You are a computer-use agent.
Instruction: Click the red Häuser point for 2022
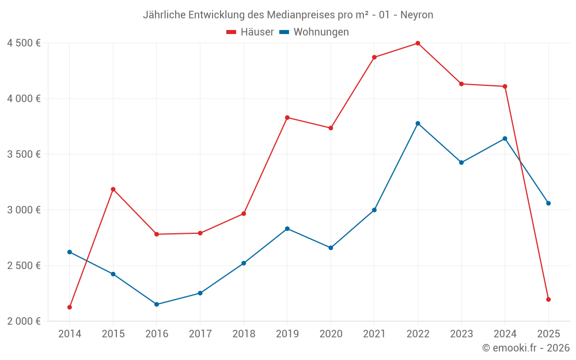point(418,43)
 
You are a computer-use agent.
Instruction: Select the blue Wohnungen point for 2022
point(418,123)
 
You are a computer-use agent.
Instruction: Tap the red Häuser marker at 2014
point(70,307)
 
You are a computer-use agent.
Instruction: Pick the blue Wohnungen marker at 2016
point(157,304)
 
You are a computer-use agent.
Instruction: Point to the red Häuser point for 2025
point(548,300)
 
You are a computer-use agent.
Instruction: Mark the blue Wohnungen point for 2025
point(548,203)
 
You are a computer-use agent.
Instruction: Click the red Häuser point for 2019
point(287,118)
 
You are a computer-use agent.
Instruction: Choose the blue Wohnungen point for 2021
point(374,210)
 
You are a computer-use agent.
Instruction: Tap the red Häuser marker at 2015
point(113,189)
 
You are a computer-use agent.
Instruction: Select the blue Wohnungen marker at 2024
point(505,138)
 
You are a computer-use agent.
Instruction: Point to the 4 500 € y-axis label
point(24,43)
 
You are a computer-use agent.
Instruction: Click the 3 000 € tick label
point(24,210)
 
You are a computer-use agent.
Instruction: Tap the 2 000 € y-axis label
point(24,321)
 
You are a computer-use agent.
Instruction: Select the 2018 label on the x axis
point(244,334)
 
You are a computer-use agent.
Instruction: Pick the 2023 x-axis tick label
point(461,334)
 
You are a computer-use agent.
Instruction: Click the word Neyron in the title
point(416,15)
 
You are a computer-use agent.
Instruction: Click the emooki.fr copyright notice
point(526,348)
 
